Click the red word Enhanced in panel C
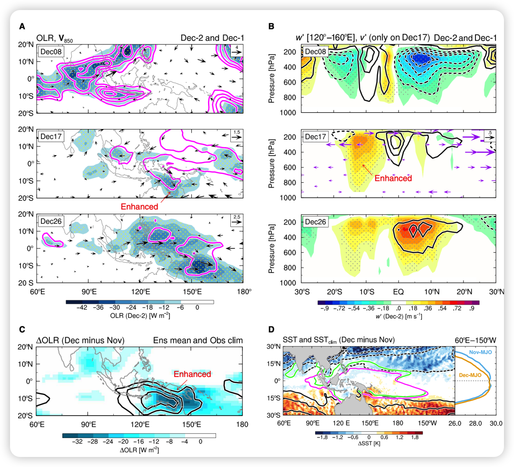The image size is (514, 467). [192, 374]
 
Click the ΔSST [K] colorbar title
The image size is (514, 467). [369, 443]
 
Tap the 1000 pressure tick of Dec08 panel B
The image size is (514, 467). [292, 113]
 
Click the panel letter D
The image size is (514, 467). [271, 329]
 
